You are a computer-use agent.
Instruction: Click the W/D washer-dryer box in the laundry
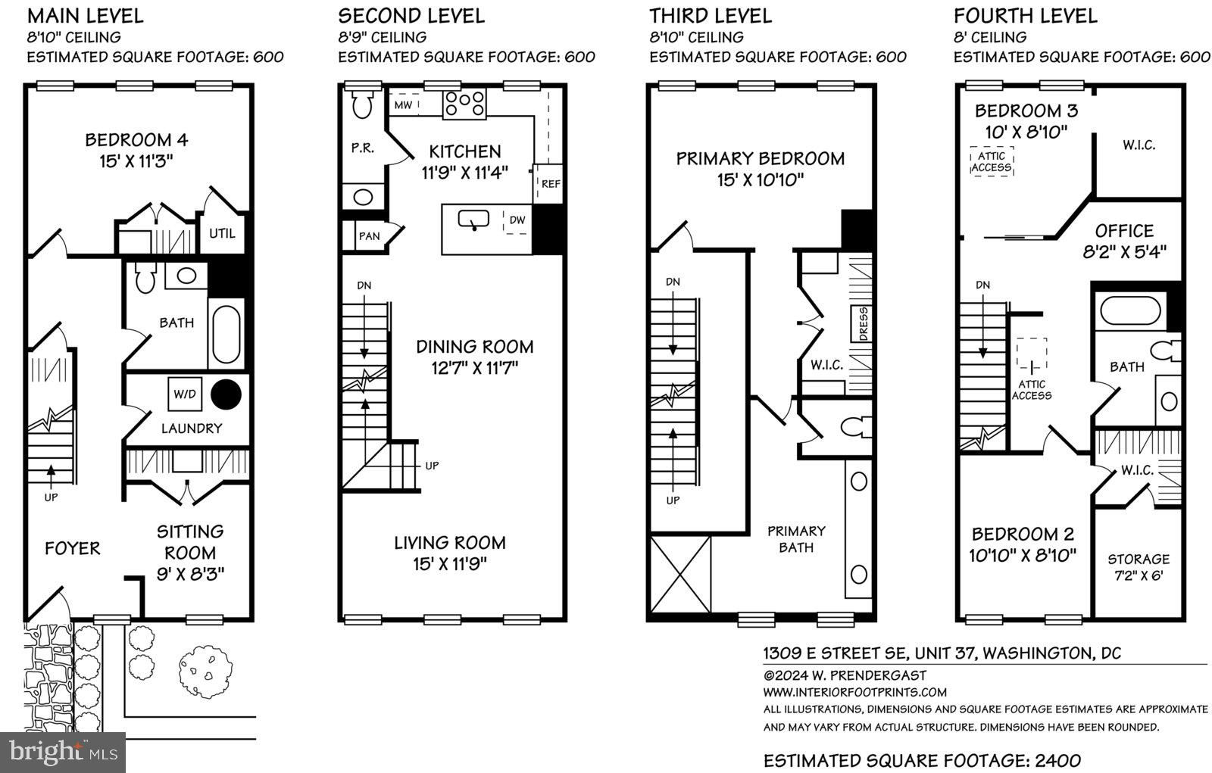[185, 394]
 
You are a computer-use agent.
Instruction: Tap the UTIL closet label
[222, 234]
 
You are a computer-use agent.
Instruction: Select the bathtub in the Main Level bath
[226, 335]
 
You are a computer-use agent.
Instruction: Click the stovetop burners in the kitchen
[464, 104]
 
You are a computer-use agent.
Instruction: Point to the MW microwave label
[403, 105]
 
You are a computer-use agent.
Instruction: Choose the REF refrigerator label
[551, 184]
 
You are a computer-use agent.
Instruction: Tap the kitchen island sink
[473, 220]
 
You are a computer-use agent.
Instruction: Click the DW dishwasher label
[517, 220]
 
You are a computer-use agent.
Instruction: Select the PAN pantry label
[369, 236]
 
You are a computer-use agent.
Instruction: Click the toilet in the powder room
[362, 104]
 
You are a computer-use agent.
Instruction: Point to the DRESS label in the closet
[863, 324]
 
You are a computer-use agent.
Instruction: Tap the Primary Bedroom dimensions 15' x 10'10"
[761, 180]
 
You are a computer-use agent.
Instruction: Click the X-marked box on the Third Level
[680, 574]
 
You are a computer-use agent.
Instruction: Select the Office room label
[1124, 231]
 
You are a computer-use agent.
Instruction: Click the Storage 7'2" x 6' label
[1139, 567]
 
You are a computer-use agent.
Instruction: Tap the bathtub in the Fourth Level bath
[1130, 312]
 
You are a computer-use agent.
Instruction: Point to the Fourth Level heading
[1026, 16]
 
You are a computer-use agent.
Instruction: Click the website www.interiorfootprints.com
[855, 693]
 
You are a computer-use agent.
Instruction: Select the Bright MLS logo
[63, 753]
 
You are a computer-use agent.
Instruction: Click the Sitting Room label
[190, 542]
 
